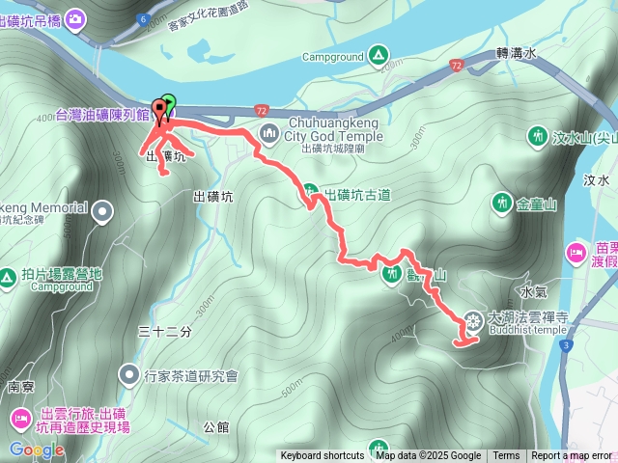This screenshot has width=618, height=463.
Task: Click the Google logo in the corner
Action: pyautogui.click(x=37, y=449)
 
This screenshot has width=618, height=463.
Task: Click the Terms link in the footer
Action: pyautogui.click(x=506, y=456)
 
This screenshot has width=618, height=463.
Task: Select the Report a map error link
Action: pyautogui.click(x=572, y=456)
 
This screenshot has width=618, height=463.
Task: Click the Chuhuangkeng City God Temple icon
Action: pyautogui.click(x=268, y=130)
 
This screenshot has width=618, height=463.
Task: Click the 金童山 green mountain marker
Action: pyautogui.click(x=502, y=203)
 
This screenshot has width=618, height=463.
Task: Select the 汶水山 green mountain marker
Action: pyautogui.click(x=538, y=137)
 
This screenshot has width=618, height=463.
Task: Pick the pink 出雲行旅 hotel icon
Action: pyautogui.click(x=20, y=418)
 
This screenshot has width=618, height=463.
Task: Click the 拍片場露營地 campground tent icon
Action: pyautogui.click(x=7, y=278)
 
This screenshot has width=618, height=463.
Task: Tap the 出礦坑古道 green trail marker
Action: pyautogui.click(x=310, y=192)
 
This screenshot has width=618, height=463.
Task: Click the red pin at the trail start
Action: pyautogui.click(x=158, y=111)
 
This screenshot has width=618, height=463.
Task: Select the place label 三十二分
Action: pyautogui.click(x=165, y=331)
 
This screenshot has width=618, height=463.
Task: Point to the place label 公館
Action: pyautogui.click(x=216, y=425)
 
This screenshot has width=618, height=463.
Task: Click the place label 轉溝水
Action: pyautogui.click(x=515, y=54)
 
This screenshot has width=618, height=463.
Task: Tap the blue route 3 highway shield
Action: pyautogui.click(x=567, y=343)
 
